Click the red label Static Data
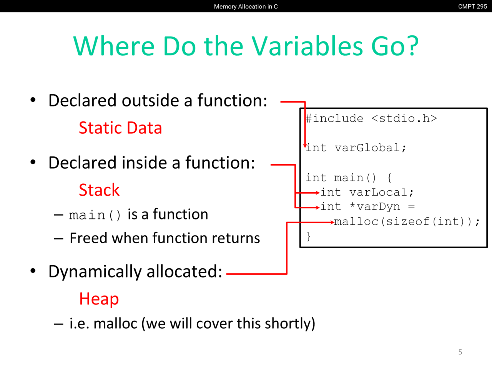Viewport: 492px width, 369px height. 120,128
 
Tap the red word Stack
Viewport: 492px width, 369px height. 99,190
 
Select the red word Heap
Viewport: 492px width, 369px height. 99,299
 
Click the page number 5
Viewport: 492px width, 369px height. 460,352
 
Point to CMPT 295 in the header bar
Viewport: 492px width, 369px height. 472,7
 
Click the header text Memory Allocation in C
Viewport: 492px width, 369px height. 246,7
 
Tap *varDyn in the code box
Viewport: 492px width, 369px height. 375,207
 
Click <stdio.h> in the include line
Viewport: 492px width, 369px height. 404,118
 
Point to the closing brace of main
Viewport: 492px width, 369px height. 309,236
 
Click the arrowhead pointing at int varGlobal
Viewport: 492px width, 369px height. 305,146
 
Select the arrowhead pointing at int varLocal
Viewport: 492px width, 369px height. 317,193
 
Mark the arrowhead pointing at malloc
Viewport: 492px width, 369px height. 332,222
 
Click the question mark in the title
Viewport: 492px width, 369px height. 413,46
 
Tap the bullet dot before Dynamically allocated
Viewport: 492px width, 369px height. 33,271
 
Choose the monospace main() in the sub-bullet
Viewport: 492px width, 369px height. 95,215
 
